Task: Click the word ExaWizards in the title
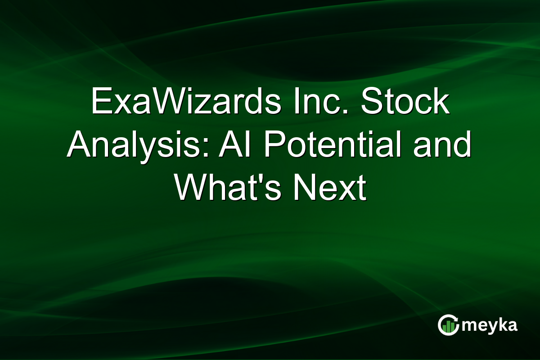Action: point(186,101)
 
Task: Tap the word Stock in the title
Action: point(405,101)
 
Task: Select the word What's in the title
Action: point(228,187)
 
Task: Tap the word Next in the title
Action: point(330,187)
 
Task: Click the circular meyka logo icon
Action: point(448,325)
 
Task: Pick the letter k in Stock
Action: point(441,101)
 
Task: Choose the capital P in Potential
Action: point(275,144)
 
